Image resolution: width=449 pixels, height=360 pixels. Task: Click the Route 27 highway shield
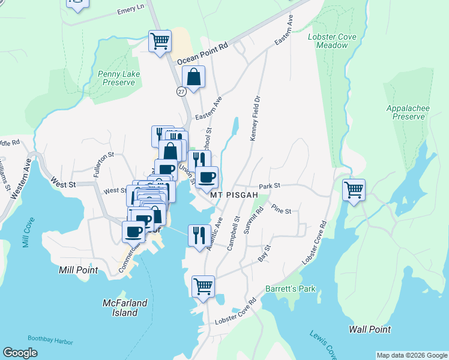coord(181,91)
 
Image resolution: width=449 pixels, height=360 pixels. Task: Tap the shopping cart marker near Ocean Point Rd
coord(160,41)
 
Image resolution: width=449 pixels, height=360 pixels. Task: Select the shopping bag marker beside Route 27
coord(193,77)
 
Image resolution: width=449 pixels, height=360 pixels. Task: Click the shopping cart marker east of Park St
coord(354,190)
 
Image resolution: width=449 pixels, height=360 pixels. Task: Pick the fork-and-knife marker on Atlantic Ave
coord(199,235)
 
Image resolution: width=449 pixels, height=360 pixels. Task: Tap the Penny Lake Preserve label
coord(116,78)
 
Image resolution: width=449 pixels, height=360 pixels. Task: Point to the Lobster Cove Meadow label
coord(332,41)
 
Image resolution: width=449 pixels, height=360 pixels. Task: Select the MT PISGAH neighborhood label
coord(234,196)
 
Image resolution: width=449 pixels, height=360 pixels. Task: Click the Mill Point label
coord(78,270)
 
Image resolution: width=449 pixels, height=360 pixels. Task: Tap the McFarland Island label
coord(125,307)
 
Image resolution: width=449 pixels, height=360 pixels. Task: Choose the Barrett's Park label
coord(291,289)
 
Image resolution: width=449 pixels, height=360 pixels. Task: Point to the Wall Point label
coord(370,329)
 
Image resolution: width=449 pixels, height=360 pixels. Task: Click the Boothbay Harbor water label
coord(50,341)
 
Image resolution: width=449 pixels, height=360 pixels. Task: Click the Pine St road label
coord(281,211)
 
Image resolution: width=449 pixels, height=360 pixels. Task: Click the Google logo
coord(20,353)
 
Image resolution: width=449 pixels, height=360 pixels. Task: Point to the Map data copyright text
coord(411,355)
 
